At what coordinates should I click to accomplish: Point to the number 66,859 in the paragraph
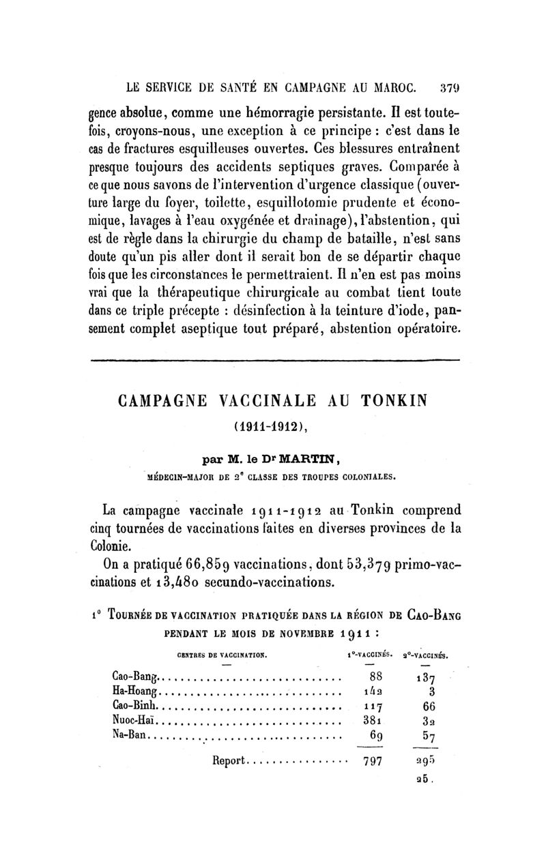tap(200, 564)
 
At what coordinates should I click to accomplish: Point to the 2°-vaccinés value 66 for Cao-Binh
tap(429, 705)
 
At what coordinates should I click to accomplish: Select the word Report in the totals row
tap(229, 761)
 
